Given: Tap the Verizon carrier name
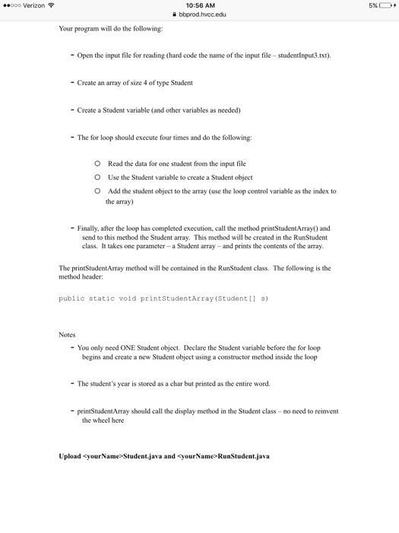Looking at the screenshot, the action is coord(33,5).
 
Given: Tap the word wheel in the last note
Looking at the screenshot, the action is coord(100,420).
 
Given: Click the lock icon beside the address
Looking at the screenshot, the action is coord(176,14).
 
